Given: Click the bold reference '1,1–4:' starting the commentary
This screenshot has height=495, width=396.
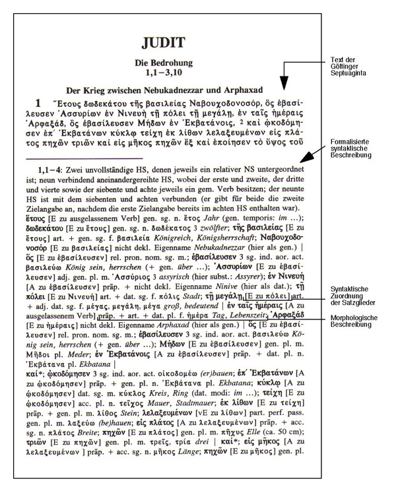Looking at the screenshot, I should (x=51, y=169).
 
